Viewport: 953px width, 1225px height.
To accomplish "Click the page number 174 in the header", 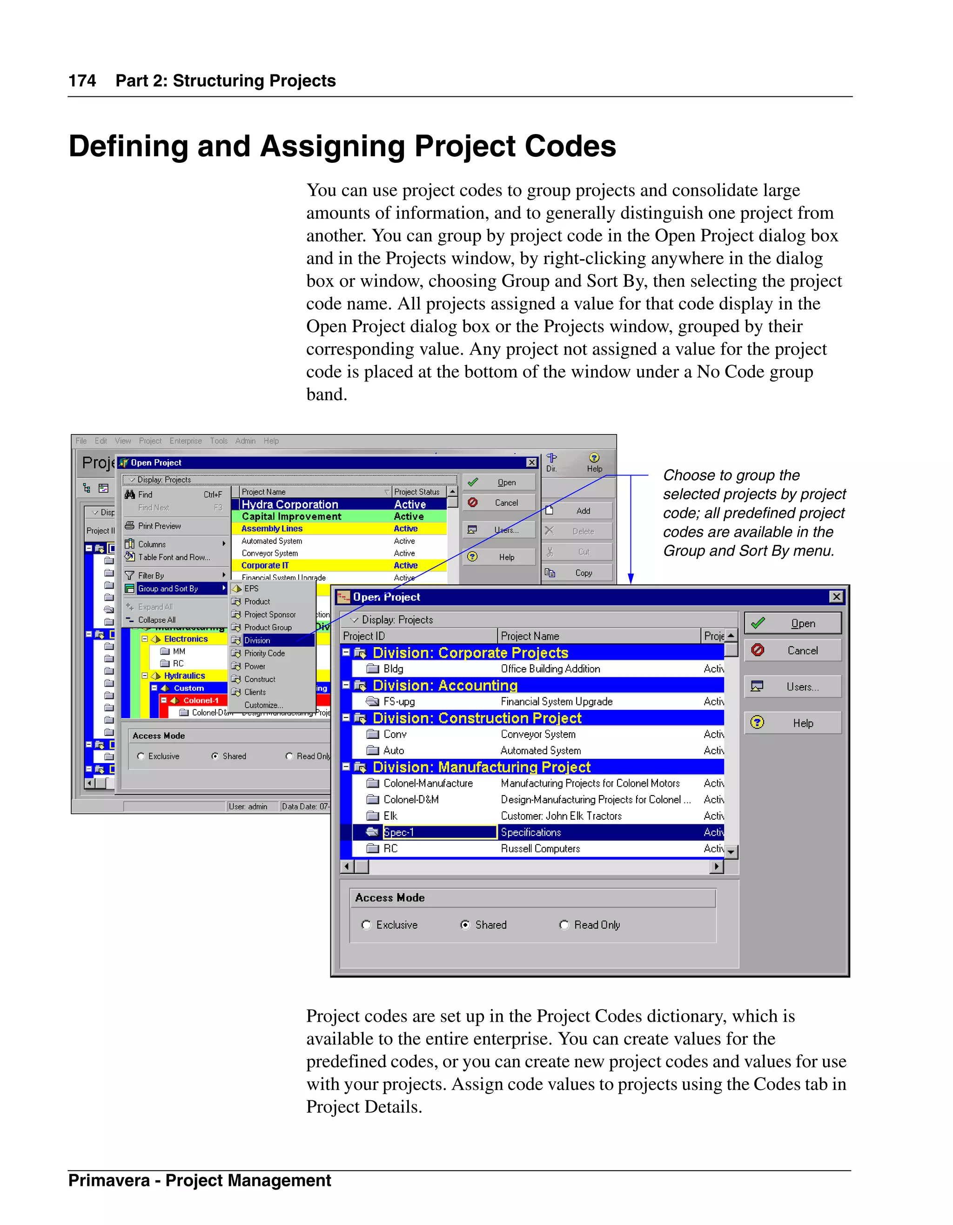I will click(82, 81).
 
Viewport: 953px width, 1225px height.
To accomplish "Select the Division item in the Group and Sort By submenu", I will click(257, 641).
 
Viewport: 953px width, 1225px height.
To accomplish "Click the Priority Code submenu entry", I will click(264, 654).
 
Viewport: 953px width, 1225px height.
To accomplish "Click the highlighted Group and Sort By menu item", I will click(168, 589).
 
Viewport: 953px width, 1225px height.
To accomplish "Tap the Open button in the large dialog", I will click(792, 623).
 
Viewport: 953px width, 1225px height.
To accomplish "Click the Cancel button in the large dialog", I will click(792, 650).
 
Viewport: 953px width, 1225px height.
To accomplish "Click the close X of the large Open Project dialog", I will click(836, 597).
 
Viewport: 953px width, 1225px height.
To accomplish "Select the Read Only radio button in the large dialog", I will click(564, 925).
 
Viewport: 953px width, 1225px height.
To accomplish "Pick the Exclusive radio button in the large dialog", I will click(366, 925).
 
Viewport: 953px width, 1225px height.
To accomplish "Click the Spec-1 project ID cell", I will click(399, 832).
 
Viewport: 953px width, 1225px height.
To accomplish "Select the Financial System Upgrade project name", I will click(557, 702).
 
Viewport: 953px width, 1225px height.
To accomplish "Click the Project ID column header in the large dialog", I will click(365, 636).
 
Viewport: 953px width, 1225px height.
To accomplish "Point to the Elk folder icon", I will click(372, 816).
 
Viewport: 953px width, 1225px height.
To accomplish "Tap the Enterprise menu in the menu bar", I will click(186, 441).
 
